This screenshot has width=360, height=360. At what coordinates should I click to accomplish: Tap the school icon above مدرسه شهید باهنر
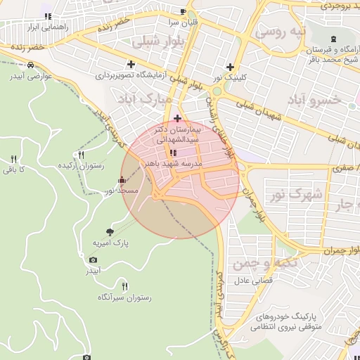coord(173,153)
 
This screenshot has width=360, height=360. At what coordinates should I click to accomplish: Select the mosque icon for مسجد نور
coord(122,180)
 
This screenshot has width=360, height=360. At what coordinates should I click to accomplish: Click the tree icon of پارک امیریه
coord(110,231)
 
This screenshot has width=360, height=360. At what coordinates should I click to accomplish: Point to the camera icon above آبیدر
coord(94,260)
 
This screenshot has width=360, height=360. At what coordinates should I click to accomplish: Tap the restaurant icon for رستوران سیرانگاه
coord(125,285)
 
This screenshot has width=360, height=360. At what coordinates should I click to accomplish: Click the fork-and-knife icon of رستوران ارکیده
coord(82,155)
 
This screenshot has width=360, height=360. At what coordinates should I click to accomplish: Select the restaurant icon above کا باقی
coord(13,159)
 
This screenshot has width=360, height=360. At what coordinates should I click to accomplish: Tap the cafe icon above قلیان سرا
coord(184,12)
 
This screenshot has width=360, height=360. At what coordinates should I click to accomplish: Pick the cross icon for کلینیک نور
coord(230,67)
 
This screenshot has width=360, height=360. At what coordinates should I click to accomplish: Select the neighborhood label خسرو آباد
coord(315,100)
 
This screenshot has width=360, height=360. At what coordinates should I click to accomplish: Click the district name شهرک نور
coord(294,193)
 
